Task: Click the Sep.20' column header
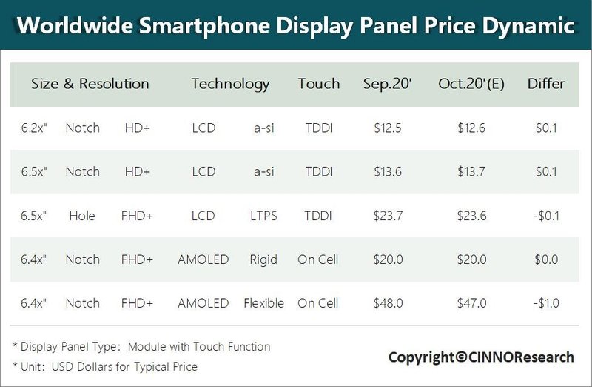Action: coord(388,84)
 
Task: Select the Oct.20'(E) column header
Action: coord(471,84)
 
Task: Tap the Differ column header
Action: coord(546,84)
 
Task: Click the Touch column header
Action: coord(319,84)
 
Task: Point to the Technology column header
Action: coord(230,84)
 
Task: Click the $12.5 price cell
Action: coord(388,128)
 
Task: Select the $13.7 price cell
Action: coord(471,172)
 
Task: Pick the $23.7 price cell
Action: coord(388,216)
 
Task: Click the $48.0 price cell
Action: coord(388,303)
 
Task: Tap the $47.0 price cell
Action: coord(471,303)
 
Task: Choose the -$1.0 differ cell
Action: coord(546,303)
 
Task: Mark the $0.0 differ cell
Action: coord(546,259)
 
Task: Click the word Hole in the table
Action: coord(82,216)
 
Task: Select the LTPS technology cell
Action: coord(263,216)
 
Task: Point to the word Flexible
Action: coord(263,303)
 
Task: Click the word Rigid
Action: coord(263,259)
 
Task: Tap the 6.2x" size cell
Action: coord(34,128)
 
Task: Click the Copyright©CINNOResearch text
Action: coord(481,357)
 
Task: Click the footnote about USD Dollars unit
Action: coord(105,366)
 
